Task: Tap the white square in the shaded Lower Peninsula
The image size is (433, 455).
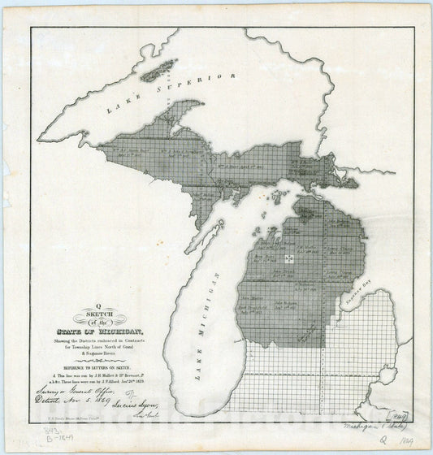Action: point(288,258)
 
